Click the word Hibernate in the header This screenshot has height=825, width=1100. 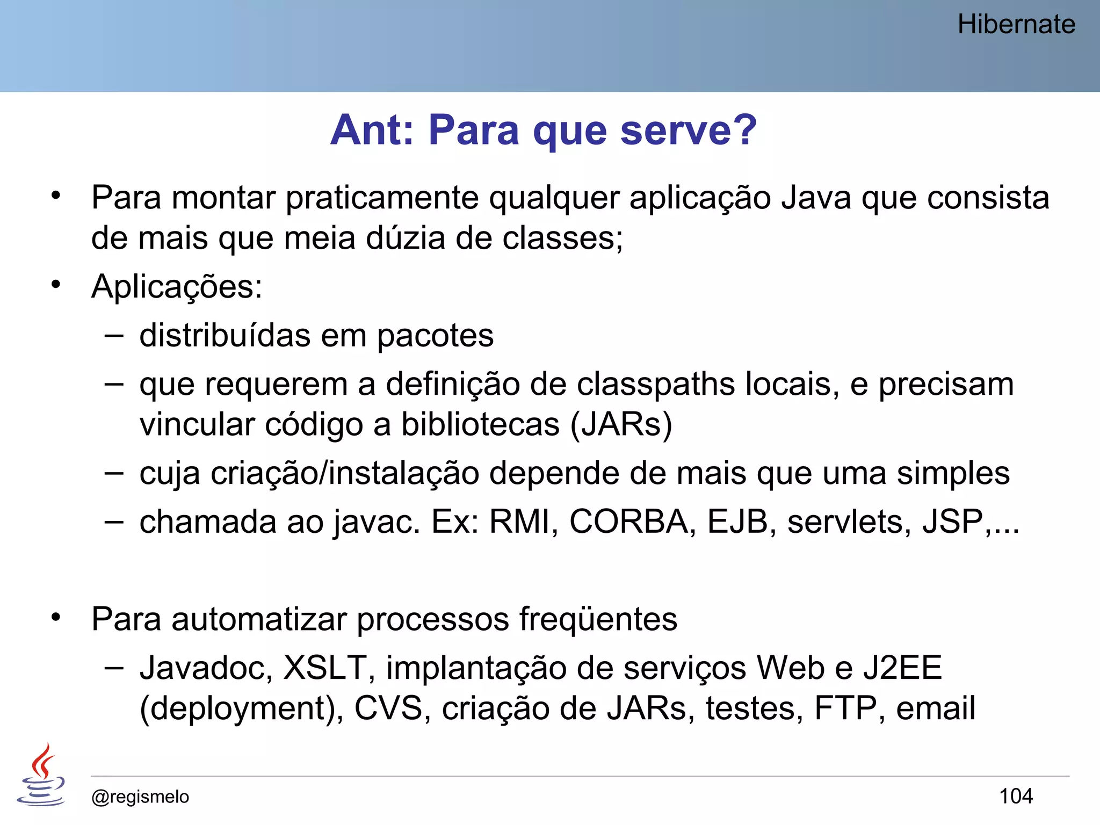[x=1016, y=25]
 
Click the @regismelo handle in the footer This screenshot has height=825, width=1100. [x=140, y=797]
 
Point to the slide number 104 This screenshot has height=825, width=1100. [x=1016, y=796]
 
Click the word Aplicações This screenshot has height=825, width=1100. [x=177, y=287]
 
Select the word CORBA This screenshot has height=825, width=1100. [x=629, y=522]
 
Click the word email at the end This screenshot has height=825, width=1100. [x=935, y=708]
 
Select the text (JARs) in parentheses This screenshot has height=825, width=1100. [x=621, y=425]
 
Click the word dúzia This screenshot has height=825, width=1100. [x=406, y=238]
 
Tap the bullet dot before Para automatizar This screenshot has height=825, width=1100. [x=56, y=618]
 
